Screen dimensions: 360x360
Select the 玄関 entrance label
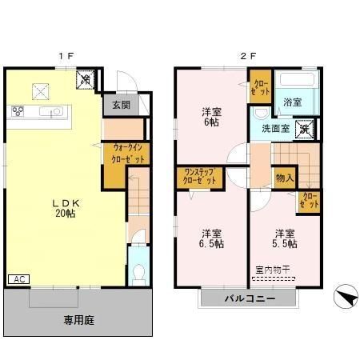point(121,104)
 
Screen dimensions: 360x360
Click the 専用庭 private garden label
point(80,320)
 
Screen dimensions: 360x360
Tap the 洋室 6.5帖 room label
point(211,238)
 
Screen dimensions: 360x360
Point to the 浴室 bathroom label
point(292,102)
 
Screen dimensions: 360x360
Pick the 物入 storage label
point(284,177)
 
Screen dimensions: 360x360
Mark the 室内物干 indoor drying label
point(272,270)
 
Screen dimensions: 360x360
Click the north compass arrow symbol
point(344,298)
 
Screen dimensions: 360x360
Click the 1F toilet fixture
point(137,268)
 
